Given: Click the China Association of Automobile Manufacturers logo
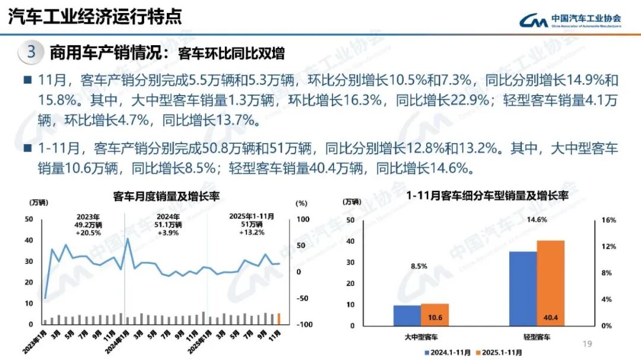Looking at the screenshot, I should pos(570,21).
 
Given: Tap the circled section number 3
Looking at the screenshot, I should pos(31,52).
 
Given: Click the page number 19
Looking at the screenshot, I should pos(588,343).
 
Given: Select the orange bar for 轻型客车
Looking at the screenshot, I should pos(551,282).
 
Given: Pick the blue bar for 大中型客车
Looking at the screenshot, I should pos(407,315).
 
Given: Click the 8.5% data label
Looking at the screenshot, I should pos(418,266).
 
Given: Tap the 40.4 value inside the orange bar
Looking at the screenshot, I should pos(551,318).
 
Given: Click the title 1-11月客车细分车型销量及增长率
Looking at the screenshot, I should pos(487,195).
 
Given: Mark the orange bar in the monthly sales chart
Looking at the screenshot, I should pos(279,318).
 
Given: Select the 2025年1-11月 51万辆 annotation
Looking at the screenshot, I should pos(252,225).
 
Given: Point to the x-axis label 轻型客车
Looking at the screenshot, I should pos(537,337).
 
